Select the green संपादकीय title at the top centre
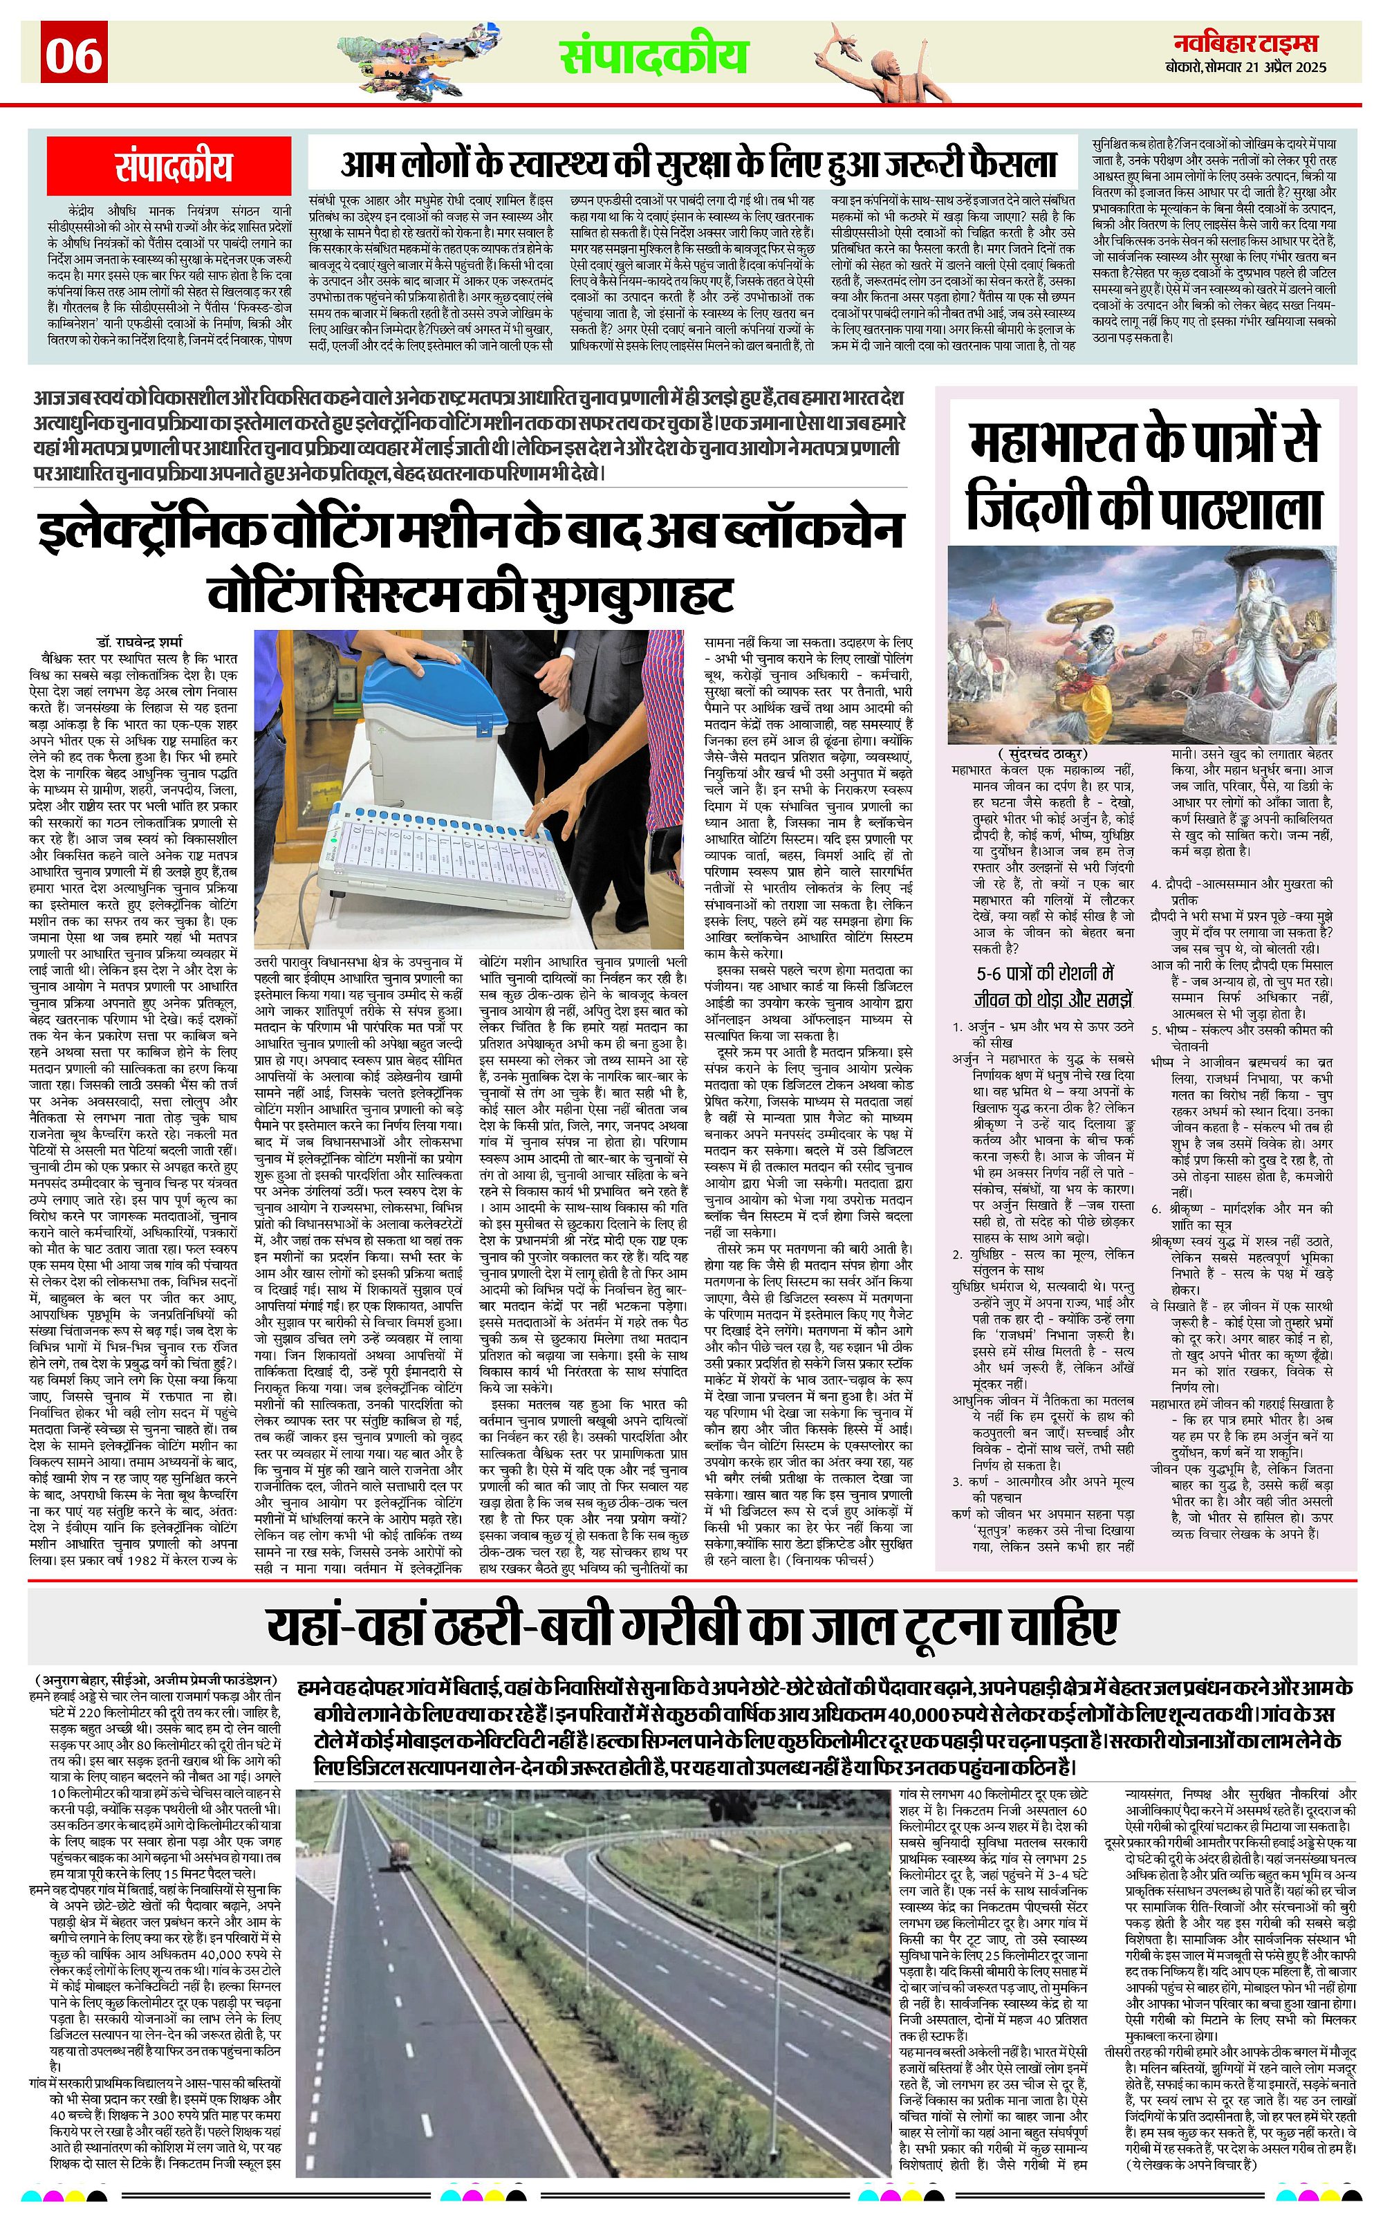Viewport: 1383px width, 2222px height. (653, 56)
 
